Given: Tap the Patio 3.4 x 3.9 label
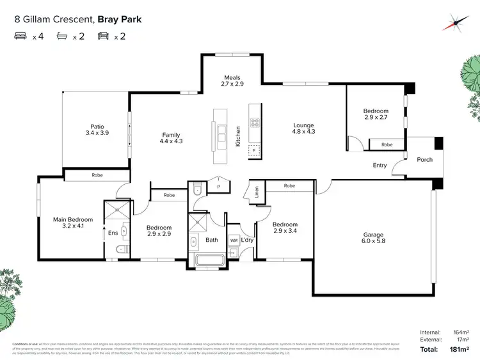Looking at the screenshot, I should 96,130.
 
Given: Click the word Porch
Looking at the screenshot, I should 424,160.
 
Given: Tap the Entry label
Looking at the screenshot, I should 380,166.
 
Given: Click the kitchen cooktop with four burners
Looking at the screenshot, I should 254,123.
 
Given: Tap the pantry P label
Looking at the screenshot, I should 218,186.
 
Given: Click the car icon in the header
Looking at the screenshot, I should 103,36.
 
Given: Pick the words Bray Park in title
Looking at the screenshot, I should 119,19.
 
